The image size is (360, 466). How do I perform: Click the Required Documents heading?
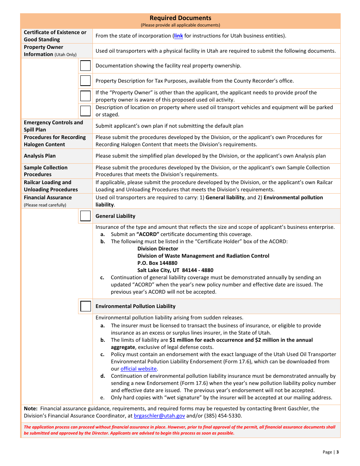tap(180, 18)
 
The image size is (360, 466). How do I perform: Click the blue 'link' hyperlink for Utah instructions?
tap(178, 36)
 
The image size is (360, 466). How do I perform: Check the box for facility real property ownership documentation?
tap(86, 66)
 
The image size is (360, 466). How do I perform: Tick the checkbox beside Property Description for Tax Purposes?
tap(86, 81)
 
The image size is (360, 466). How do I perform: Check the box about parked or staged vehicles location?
tap(86, 111)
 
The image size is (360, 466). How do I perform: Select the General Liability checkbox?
tap(86, 216)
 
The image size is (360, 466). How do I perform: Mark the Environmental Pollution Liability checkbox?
tap(86, 306)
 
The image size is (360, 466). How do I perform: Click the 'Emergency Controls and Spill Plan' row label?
tap(53, 126)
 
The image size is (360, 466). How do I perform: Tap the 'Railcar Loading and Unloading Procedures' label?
tap(51, 186)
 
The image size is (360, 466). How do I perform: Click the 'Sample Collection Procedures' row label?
tap(45, 171)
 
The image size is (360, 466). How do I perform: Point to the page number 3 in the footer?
tap(337, 452)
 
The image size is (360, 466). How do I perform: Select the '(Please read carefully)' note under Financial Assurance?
tap(45, 205)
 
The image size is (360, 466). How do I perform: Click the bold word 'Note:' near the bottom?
tap(30, 409)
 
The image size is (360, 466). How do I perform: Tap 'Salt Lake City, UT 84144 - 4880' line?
tap(175, 270)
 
